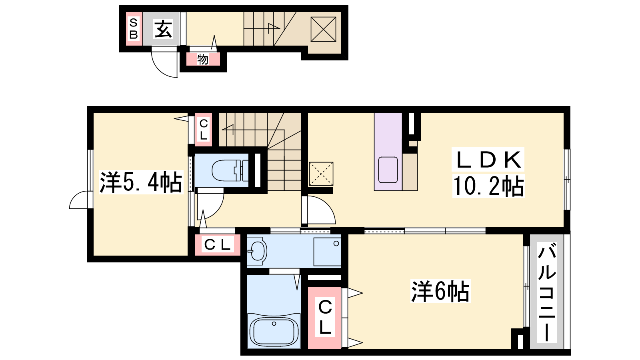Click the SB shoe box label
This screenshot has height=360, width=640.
pyautogui.click(x=134, y=28)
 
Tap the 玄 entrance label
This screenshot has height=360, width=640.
pyautogui.click(x=163, y=29)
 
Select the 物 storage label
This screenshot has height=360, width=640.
pyautogui.click(x=202, y=60)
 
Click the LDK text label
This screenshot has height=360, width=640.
pyautogui.click(x=488, y=160)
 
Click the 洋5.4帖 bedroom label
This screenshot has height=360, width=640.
pyautogui.click(x=141, y=182)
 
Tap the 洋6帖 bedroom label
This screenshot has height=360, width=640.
pyautogui.click(x=440, y=292)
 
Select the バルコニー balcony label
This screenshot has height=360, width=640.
pyautogui.click(x=546, y=292)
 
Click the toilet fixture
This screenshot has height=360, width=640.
pyautogui.click(x=230, y=171)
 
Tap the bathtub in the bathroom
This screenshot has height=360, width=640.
pyautogui.click(x=274, y=332)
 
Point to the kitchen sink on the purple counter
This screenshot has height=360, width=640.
pyautogui.click(x=388, y=170)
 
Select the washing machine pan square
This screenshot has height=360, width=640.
pyautogui.click(x=328, y=252)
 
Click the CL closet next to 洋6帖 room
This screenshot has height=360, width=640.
pyautogui.click(x=325, y=318)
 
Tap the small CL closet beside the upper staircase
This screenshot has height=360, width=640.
pyautogui.click(x=204, y=130)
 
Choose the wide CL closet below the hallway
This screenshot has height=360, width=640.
pyautogui.click(x=218, y=245)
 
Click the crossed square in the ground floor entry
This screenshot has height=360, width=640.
pyautogui.click(x=323, y=29)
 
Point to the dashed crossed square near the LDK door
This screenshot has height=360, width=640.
pyautogui.click(x=321, y=174)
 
